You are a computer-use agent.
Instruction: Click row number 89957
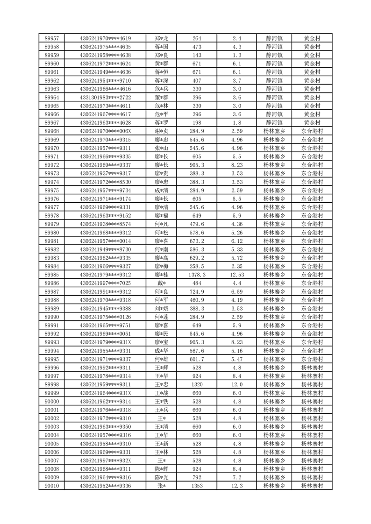(x=51, y=38)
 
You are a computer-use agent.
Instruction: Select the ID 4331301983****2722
(x=105, y=97)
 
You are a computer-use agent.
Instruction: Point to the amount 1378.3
(x=197, y=275)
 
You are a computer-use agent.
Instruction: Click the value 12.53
(x=237, y=275)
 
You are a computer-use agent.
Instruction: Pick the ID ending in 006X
(x=105, y=131)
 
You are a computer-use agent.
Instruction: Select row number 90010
(x=51, y=486)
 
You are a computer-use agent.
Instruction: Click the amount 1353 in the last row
(x=197, y=486)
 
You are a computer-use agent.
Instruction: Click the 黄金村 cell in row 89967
(x=312, y=123)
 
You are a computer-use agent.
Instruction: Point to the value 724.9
(x=197, y=291)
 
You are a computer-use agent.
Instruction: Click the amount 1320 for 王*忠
(x=197, y=384)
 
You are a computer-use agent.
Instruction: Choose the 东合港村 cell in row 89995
(x=312, y=359)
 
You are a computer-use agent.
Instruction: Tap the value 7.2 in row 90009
(x=237, y=477)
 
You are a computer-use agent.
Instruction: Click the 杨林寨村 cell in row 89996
(x=312, y=368)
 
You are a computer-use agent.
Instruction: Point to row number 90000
(x=51, y=401)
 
